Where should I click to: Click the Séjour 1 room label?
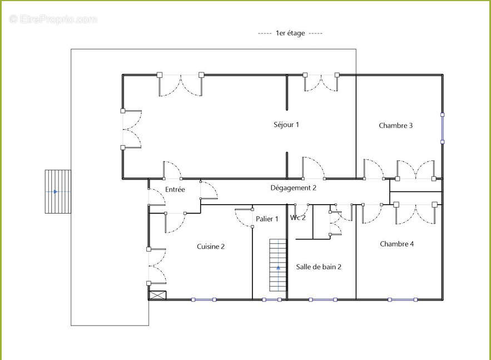[286, 125]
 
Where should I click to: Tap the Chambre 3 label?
[395, 125]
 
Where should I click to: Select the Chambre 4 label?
[396, 244]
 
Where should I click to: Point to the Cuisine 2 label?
[211, 246]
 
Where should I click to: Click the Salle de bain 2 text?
[319, 267]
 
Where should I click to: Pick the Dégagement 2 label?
[294, 188]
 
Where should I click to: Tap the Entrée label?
[175, 190]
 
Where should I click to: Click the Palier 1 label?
[267, 219]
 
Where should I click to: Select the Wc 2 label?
[298, 218]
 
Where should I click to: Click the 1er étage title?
[290, 33]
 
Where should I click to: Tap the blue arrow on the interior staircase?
[279, 268]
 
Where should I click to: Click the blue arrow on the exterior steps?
[56, 191]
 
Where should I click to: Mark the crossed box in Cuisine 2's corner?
[157, 295]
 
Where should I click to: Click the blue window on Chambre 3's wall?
[443, 129]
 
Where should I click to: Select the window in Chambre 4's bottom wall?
[403, 300]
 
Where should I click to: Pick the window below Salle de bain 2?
[323, 300]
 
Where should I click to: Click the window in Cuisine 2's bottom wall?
[204, 300]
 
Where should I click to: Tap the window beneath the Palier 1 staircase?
[272, 300]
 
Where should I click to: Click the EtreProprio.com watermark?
[53, 19]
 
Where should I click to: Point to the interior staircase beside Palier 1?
[278, 265]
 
